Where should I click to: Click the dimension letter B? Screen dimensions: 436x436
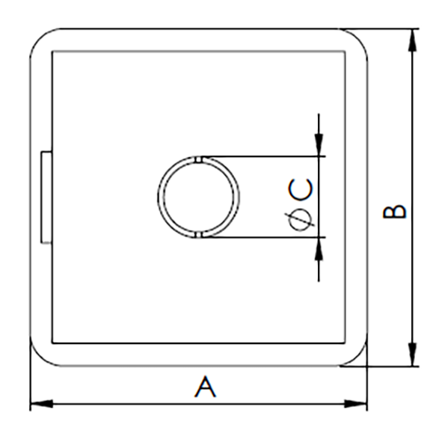point(394,212)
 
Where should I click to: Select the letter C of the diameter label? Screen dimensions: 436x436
point(302,192)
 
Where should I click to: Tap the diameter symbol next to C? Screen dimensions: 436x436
point(301,221)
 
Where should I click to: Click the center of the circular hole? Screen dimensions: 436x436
point(200,197)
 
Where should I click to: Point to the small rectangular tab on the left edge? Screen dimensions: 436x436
point(46,197)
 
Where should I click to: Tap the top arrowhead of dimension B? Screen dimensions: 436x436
point(411,39)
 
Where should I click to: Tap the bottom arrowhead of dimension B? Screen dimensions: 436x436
point(411,357)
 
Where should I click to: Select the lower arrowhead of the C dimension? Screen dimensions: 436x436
point(319,246)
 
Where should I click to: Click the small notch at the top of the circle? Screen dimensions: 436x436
point(200,159)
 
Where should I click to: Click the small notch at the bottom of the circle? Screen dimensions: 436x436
point(200,235)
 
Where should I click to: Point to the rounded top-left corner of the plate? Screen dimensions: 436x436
point(41,40)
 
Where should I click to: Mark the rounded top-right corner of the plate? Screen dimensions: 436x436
point(357,40)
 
